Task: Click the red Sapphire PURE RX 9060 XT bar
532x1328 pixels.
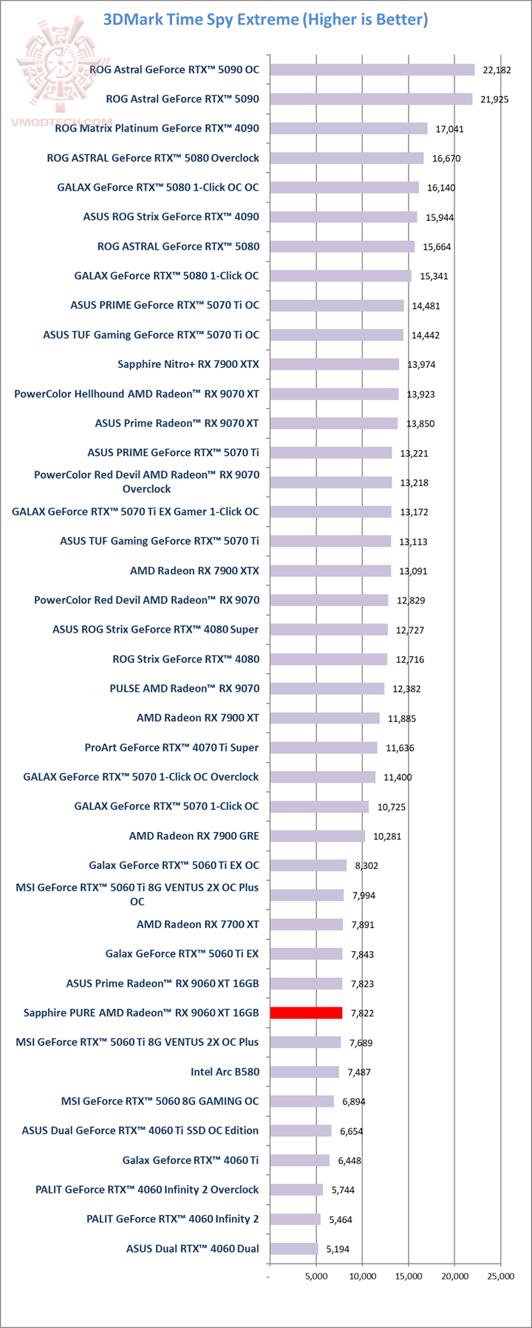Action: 306,1012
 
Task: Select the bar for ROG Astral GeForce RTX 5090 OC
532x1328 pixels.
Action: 372,69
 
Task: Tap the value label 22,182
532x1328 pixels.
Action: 497,70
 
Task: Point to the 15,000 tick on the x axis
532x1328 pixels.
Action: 409,1276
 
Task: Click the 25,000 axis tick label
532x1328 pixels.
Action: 501,1276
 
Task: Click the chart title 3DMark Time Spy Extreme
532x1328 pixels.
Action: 266,19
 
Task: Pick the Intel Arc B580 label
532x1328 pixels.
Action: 225,1072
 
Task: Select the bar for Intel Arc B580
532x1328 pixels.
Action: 304,1072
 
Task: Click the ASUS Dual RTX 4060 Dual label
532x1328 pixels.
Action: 192,1249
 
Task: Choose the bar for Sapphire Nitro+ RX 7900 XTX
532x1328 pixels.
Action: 334,364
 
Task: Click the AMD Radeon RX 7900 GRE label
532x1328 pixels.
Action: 194,836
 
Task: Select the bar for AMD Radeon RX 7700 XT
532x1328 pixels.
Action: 306,925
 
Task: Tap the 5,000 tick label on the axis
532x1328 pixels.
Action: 316,1276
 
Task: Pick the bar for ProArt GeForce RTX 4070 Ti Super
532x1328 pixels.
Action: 324,747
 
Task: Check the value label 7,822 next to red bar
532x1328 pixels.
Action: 363,1013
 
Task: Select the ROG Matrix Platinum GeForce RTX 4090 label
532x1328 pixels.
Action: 157,129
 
